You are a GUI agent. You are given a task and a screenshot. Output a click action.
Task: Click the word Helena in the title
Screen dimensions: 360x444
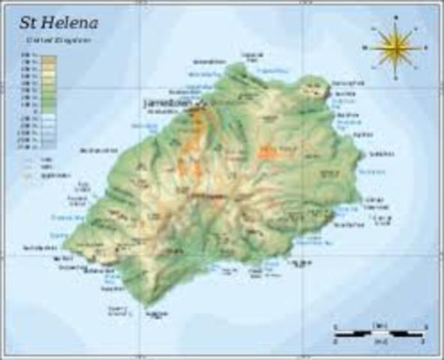click(x=70, y=22)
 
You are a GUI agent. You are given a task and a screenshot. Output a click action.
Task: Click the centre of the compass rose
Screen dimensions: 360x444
click(x=394, y=47)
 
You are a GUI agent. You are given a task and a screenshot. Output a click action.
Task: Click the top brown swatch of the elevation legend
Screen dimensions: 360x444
click(x=48, y=57)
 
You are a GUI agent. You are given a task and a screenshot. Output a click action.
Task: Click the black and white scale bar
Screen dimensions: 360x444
click(x=379, y=331)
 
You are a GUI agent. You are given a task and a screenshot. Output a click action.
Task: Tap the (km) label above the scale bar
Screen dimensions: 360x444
click(x=379, y=323)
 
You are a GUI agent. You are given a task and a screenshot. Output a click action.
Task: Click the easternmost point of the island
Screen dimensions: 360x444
click(x=363, y=156)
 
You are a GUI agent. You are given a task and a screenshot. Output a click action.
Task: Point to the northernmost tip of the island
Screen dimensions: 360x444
click(x=238, y=64)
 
